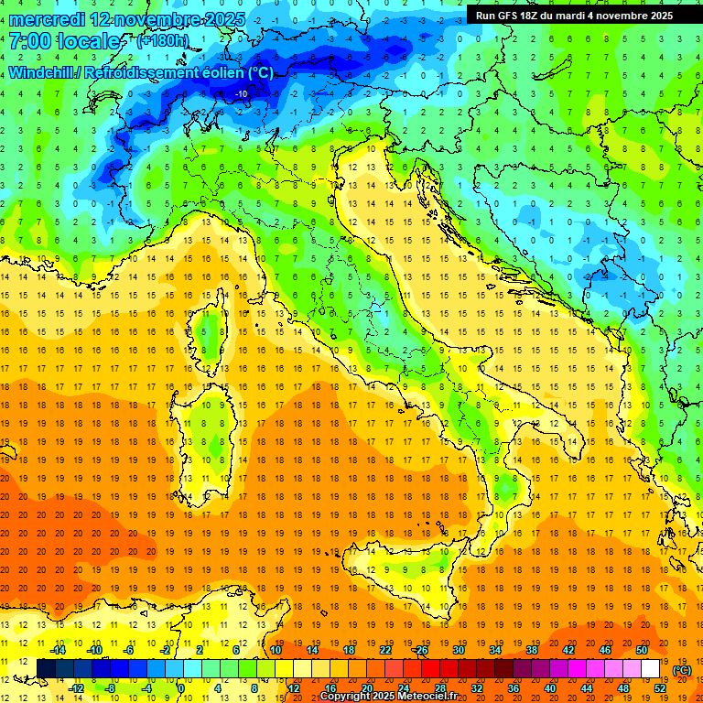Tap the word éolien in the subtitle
pyautogui.click(x=224, y=72)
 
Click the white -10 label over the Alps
pyautogui.click(x=242, y=93)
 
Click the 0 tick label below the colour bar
pyautogui.click(x=180, y=687)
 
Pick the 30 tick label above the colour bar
pyautogui.click(x=459, y=649)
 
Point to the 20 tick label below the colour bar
pyautogui.click(x=366, y=687)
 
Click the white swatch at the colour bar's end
pyautogui.click(x=650, y=668)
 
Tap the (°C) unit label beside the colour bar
pyautogui.click(x=682, y=669)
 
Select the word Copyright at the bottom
pyautogui.click(x=347, y=697)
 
